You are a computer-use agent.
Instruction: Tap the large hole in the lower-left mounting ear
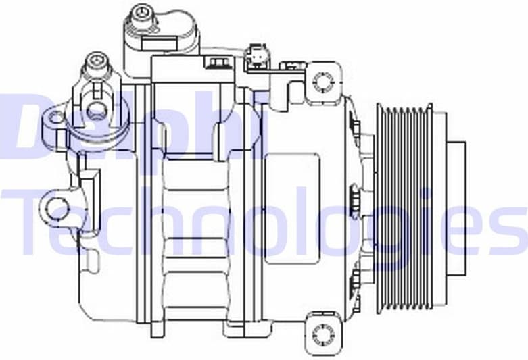(x=57, y=208)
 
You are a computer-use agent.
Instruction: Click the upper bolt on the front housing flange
(x=354, y=126)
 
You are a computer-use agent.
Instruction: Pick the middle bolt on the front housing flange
(x=354, y=201)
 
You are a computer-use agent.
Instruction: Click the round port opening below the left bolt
(x=97, y=109)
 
